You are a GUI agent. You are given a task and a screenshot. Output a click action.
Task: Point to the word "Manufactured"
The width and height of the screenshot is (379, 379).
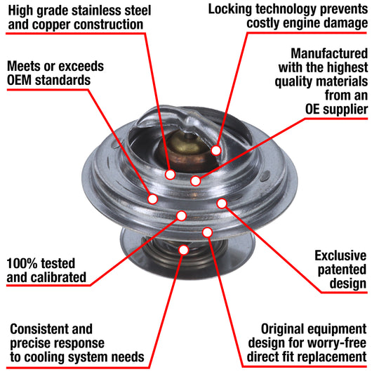tap(329, 53)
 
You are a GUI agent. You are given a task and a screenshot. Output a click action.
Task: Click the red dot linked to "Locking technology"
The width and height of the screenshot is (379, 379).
tap(216, 150)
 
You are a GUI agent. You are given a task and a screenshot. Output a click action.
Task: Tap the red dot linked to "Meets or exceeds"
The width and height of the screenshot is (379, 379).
tap(152, 199)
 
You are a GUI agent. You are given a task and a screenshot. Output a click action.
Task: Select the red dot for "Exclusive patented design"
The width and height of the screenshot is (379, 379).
tap(222, 204)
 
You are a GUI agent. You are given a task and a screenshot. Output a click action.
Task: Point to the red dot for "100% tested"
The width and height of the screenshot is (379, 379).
tap(180, 215)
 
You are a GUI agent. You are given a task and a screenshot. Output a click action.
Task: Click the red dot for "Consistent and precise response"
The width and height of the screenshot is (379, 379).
tap(184, 248)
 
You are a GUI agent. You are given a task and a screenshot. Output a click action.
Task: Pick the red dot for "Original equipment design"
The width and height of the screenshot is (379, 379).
tap(207, 232)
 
